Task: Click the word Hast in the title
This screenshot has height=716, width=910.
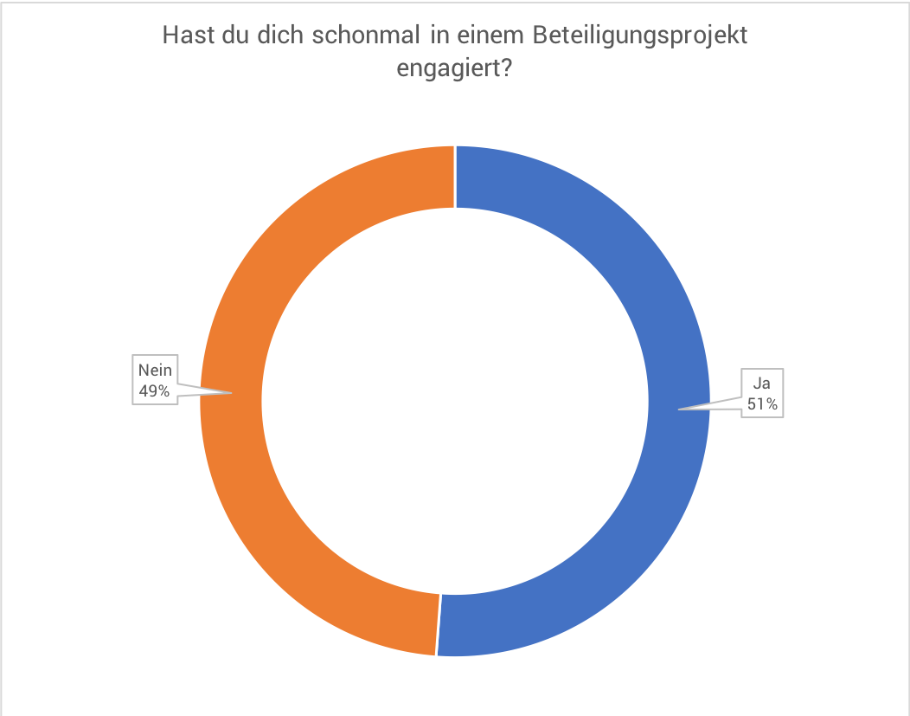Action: (x=186, y=36)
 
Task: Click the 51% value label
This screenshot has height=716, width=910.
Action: (x=761, y=403)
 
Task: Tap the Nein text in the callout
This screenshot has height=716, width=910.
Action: (x=155, y=371)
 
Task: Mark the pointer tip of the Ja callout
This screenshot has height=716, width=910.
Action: (x=679, y=410)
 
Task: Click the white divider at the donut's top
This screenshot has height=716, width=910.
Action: (x=455, y=177)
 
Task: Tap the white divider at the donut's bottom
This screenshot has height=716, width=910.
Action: (x=439, y=624)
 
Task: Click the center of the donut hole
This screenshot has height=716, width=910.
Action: (x=455, y=401)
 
